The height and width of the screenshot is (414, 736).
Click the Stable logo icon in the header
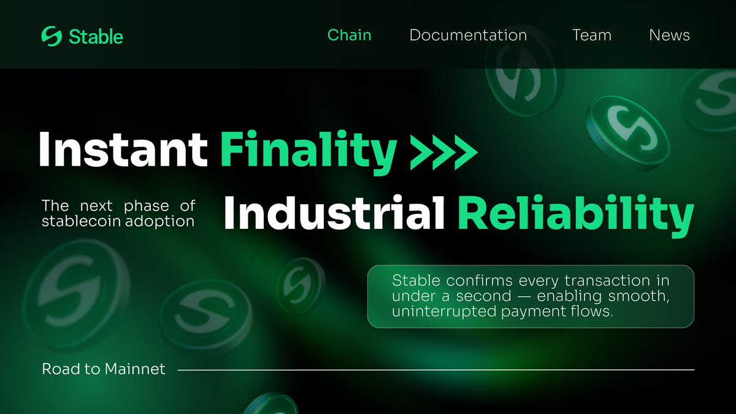pos(52,36)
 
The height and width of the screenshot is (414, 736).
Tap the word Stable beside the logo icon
pos(96,36)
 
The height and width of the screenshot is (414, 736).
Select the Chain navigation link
pos(349,35)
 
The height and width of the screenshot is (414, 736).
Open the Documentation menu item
pos(468,36)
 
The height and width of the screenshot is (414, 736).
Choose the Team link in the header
pos(591,36)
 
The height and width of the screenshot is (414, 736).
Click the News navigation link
pos(669,36)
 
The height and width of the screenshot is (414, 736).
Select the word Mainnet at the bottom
pos(135,369)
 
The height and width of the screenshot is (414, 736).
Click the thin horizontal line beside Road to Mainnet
pos(435,370)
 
